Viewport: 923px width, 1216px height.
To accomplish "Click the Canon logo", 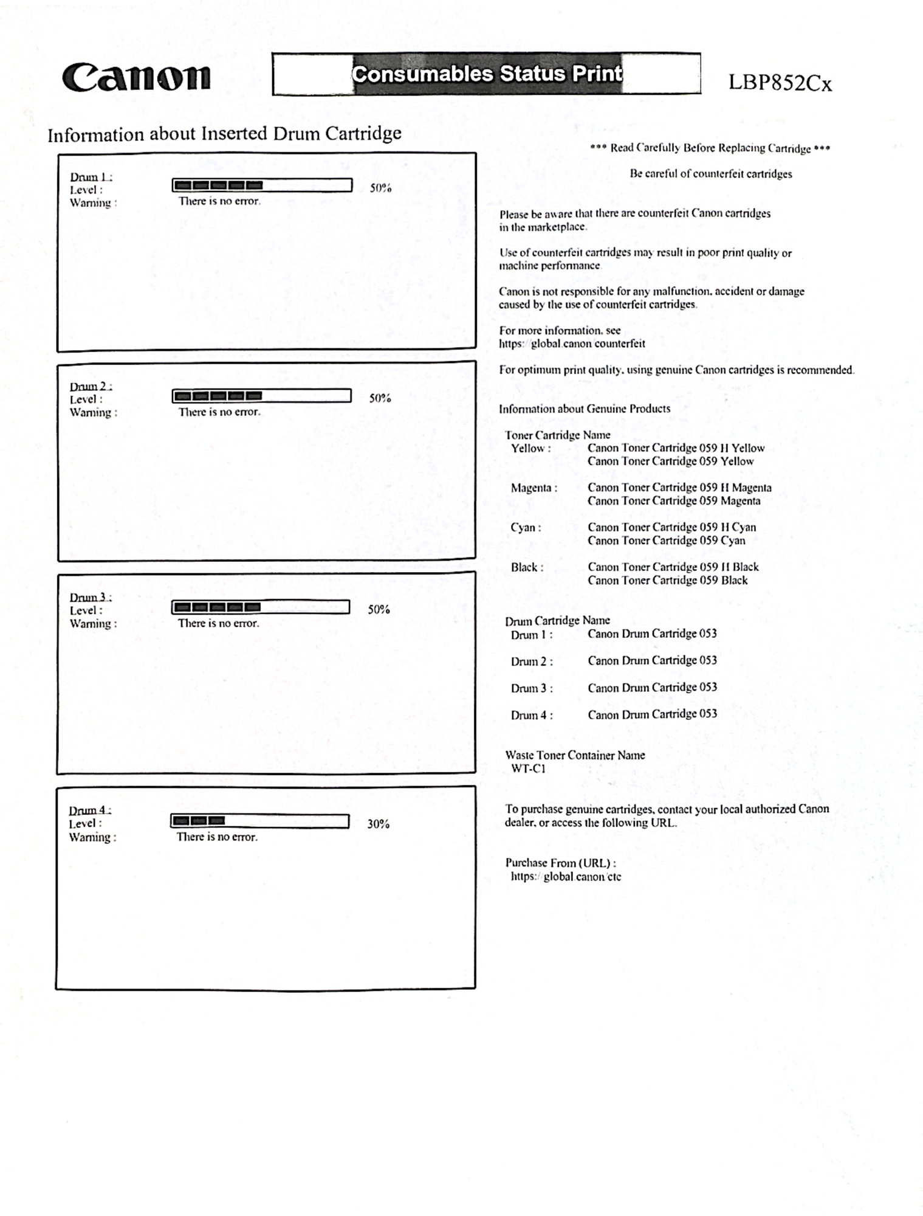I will pyautogui.click(x=136, y=78).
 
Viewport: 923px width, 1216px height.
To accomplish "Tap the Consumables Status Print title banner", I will pyautogui.click(x=486, y=74).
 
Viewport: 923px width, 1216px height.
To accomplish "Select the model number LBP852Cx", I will pyautogui.click(x=780, y=83).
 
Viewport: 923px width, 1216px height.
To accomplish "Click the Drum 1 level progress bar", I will pyautogui.click(x=262, y=185).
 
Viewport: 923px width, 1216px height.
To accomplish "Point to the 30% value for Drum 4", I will pyautogui.click(x=378, y=824).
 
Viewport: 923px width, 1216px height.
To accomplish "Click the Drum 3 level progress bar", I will pyautogui.click(x=261, y=607).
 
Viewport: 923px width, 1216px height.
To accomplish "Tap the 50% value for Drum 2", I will pyautogui.click(x=380, y=398).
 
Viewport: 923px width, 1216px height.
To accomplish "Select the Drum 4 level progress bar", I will pyautogui.click(x=259, y=821).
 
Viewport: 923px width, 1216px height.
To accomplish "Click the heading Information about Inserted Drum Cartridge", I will pyautogui.click(x=224, y=134).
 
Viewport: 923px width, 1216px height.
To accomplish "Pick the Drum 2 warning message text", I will pyautogui.click(x=219, y=412).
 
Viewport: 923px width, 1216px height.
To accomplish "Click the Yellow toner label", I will pyautogui.click(x=530, y=449).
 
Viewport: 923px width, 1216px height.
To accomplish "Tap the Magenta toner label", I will pyautogui.click(x=534, y=488).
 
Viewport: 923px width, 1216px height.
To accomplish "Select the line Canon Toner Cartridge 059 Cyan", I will pyautogui.click(x=666, y=541).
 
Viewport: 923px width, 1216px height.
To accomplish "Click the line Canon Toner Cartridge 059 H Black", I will pyautogui.click(x=673, y=567).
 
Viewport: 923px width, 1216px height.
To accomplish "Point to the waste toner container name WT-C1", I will pyautogui.click(x=528, y=769).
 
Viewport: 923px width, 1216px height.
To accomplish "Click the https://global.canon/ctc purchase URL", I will pyautogui.click(x=565, y=877).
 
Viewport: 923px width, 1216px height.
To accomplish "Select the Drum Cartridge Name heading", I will pyautogui.click(x=557, y=620).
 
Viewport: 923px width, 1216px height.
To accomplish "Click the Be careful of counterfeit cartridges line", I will pyautogui.click(x=710, y=174).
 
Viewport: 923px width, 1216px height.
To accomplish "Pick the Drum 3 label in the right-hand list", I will pyautogui.click(x=531, y=688).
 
